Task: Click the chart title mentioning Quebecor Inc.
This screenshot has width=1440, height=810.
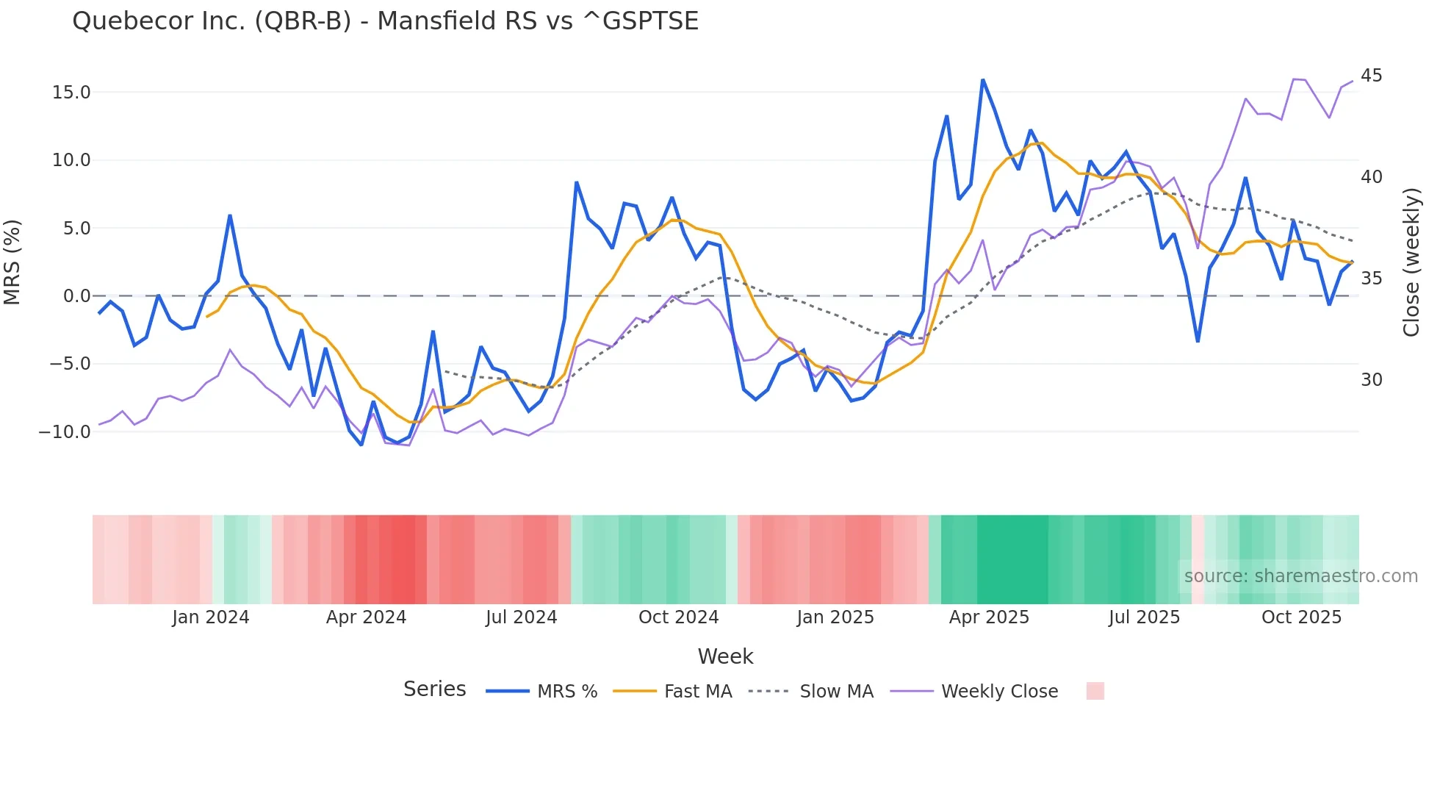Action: click(x=385, y=21)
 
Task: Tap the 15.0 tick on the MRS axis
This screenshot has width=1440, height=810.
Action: click(x=71, y=93)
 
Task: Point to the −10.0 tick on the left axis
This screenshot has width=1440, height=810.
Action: click(x=65, y=432)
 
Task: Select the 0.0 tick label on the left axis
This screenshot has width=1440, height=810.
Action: click(x=76, y=296)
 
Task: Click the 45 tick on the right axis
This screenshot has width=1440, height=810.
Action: click(x=1371, y=76)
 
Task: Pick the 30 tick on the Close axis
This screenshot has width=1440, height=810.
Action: click(x=1371, y=380)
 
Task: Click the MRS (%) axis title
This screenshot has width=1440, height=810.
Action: click(x=12, y=262)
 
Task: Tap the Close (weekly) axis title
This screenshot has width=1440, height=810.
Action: click(x=1411, y=262)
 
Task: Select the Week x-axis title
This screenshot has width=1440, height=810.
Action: click(x=725, y=656)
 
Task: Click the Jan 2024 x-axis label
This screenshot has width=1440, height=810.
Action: click(x=211, y=617)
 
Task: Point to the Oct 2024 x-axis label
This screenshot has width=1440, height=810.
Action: click(x=678, y=617)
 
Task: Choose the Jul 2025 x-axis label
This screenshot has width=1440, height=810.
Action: click(x=1144, y=617)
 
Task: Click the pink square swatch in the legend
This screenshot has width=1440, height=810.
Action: click(x=1095, y=691)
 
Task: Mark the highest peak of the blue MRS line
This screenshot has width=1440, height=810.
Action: click(x=982, y=79)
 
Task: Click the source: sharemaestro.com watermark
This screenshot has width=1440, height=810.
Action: click(x=1300, y=576)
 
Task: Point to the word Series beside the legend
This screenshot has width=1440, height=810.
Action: click(x=434, y=689)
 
